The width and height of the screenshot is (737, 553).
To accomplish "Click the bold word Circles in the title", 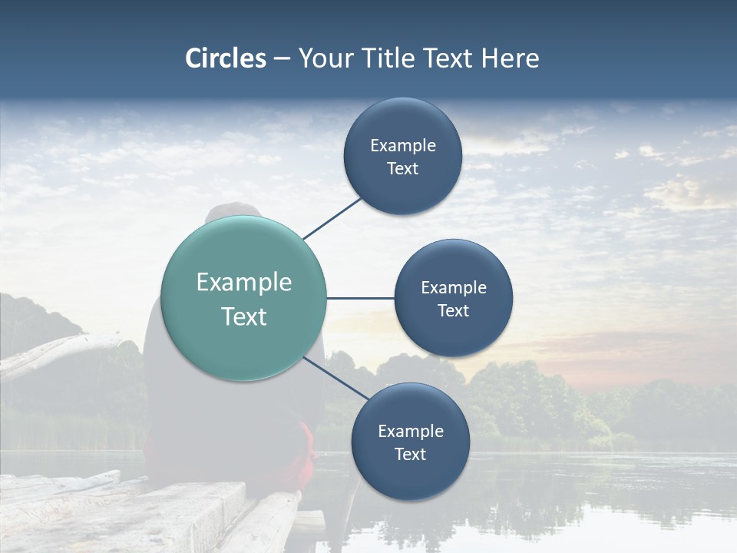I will tap(226, 58).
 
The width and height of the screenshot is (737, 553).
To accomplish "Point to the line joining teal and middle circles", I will tap(360, 298).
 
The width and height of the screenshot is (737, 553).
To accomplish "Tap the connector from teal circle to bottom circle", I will tap(335, 378).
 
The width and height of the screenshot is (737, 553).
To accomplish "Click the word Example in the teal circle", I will tap(244, 283).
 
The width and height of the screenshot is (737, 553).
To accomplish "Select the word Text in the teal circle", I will tap(244, 316).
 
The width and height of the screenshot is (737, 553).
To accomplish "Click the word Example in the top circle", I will tap(403, 146).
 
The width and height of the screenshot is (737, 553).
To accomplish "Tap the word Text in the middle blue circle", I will tap(454, 310).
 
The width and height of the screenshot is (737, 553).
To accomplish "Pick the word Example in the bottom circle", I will tap(411, 432).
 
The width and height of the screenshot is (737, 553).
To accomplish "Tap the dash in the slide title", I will tap(282, 59).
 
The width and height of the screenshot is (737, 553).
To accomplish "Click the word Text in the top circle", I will tap(403, 168).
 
